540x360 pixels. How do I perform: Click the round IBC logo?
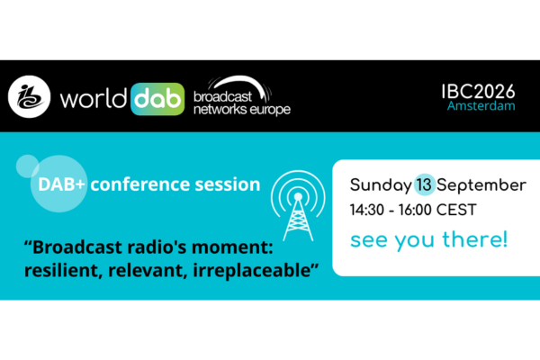pyautogui.click(x=30, y=97)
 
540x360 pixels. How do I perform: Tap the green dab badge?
pyautogui.click(x=157, y=99)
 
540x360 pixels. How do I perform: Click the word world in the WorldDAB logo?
pyautogui.click(x=94, y=99)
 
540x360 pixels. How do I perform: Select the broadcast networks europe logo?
pyautogui.click(x=242, y=95)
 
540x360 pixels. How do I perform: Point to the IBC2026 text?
pyautogui.click(x=479, y=92)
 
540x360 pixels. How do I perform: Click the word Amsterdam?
pyautogui.click(x=481, y=106)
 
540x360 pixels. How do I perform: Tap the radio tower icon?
pyautogui.click(x=298, y=206)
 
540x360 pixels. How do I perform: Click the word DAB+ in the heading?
pyautogui.click(x=61, y=184)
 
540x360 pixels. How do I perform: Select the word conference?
pyautogui.click(x=140, y=184)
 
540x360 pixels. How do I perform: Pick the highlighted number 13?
pyautogui.click(x=424, y=185)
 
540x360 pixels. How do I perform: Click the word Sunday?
pyautogui.click(x=381, y=185)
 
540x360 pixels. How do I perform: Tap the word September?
pyautogui.click(x=481, y=186)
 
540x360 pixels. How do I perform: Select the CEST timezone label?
pyautogui.click(x=456, y=210)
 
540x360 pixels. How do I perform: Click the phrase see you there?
pyautogui.click(x=428, y=240)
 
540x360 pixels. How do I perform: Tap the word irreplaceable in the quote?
pyautogui.click(x=256, y=270)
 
